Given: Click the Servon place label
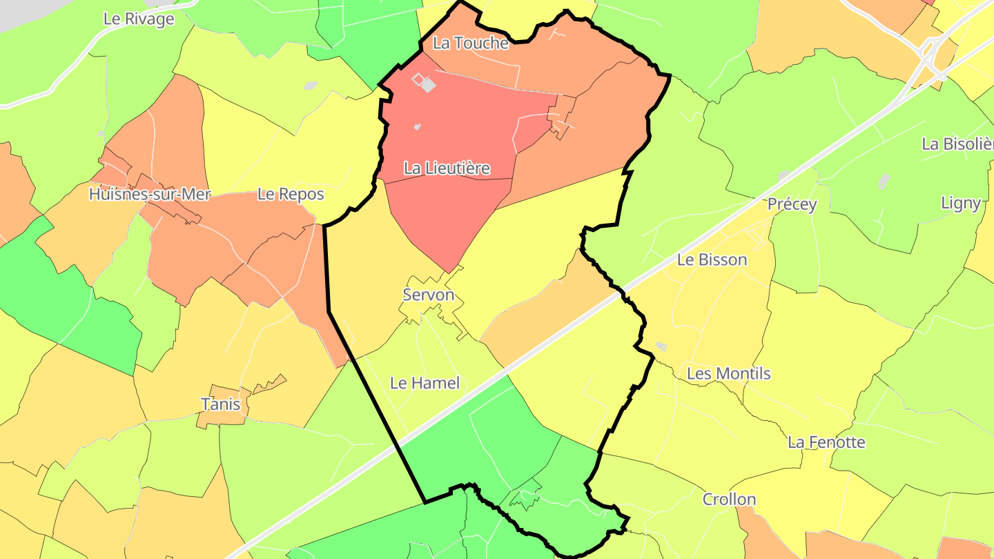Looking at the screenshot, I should (429, 295).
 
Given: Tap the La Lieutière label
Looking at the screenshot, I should (447, 168).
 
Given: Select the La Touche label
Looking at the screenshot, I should (470, 43).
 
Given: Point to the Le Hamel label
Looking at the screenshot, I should (425, 382).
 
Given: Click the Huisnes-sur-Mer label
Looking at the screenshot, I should (149, 195).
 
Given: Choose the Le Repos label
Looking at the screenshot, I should (291, 194).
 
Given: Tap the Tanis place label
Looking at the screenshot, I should (220, 403).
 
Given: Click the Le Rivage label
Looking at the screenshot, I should (139, 19).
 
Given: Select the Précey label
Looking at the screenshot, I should (792, 204).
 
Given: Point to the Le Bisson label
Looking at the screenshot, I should (712, 259).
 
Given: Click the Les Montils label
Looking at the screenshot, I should (728, 373).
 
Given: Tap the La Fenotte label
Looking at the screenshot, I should (826, 442).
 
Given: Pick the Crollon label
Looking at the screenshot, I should (729, 499).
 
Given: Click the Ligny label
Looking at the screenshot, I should (960, 202).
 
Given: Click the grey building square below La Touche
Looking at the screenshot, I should (428, 85).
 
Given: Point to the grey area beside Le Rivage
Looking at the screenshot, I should (21, 14).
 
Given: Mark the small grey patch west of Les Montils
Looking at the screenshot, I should (661, 346).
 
